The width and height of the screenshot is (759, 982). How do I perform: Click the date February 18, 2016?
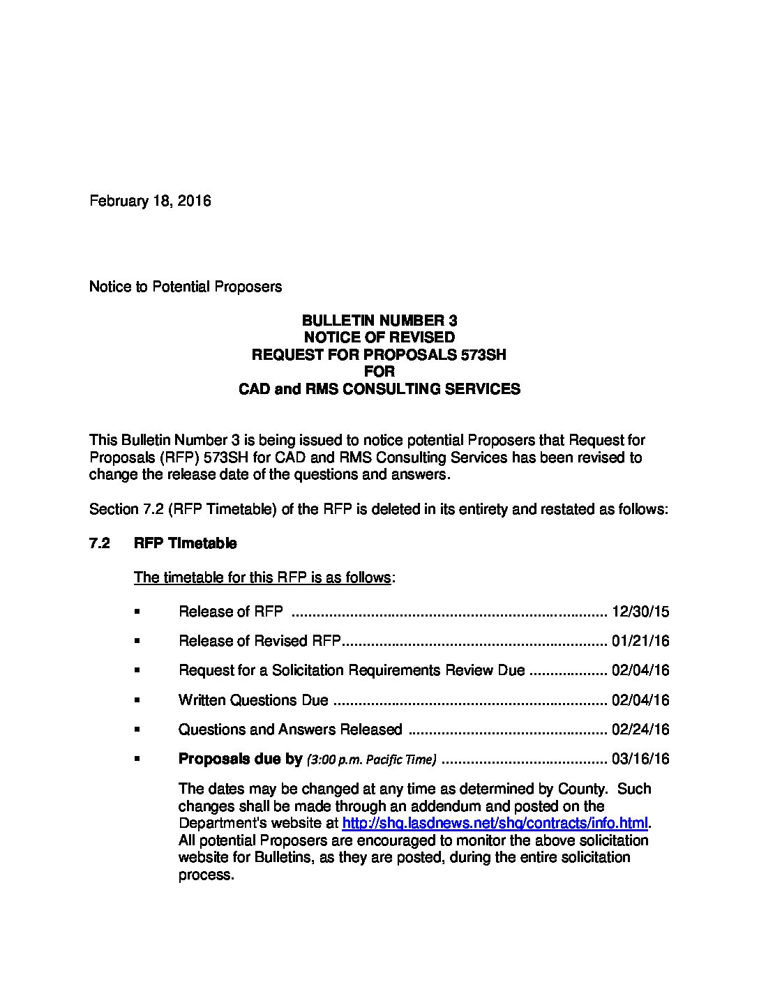click(150, 201)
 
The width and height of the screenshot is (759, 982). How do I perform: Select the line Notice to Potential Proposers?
click(186, 287)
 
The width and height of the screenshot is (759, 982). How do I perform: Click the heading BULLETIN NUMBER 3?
click(379, 321)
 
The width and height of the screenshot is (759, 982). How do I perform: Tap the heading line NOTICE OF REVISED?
click(379, 338)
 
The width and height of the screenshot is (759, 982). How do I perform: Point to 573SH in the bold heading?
click(483, 354)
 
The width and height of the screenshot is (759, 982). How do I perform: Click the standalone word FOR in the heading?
click(379, 371)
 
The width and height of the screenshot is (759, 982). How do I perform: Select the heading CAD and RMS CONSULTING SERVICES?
click(379, 388)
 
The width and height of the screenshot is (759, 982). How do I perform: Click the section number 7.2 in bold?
click(100, 543)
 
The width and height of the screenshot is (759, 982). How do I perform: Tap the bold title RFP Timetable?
click(185, 543)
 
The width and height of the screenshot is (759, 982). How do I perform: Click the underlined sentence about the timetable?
click(262, 577)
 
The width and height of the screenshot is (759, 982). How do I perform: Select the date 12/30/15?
click(640, 612)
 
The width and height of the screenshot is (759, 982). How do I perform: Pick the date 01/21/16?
click(640, 641)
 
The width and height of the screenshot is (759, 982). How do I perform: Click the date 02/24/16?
click(640, 730)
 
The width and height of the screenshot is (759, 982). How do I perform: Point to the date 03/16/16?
click(640, 759)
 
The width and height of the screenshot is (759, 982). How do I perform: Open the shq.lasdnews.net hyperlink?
click(495, 823)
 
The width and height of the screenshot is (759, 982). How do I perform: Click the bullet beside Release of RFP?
click(137, 612)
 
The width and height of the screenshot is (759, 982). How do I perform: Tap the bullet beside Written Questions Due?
click(137, 700)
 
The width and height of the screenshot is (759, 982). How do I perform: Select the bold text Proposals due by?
click(240, 759)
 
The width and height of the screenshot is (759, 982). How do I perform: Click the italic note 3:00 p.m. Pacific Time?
click(372, 760)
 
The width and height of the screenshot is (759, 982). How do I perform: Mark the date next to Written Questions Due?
click(640, 700)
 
